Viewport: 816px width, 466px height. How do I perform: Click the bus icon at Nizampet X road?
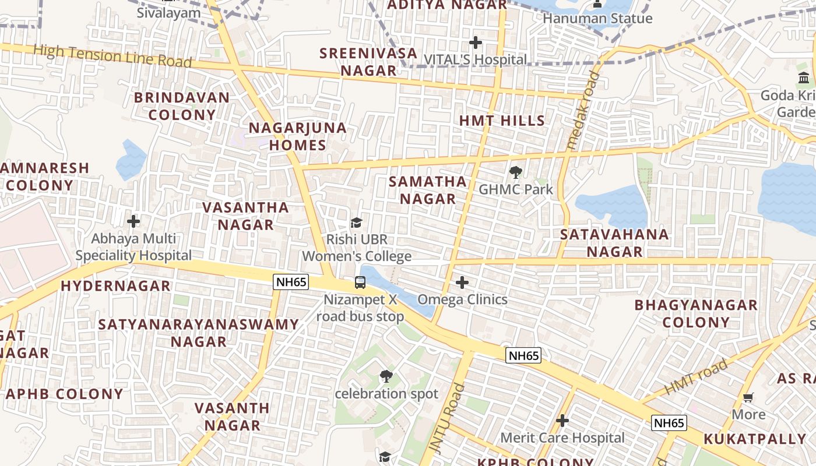tap(360, 283)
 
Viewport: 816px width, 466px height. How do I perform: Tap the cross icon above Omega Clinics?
tap(462, 283)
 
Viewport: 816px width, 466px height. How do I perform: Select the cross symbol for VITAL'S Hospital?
tap(476, 43)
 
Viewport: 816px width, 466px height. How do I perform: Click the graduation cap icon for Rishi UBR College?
tap(356, 223)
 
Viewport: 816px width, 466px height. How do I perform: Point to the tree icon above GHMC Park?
tap(515, 172)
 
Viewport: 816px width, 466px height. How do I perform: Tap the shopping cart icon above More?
tap(748, 398)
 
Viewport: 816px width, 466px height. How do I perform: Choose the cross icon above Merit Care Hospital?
tap(562, 420)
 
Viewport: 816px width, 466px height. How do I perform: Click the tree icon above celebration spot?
tap(386, 376)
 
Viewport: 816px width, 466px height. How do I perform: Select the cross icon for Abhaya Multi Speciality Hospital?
tap(133, 221)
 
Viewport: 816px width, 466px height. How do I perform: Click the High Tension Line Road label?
tap(112, 56)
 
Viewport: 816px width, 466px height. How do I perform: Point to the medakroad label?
tap(583, 111)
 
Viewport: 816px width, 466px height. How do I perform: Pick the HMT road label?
tap(697, 377)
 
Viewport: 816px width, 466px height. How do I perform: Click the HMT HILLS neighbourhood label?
tap(502, 121)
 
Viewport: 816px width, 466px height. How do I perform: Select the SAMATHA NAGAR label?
tap(428, 190)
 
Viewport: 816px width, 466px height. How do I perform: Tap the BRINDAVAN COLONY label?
tap(182, 106)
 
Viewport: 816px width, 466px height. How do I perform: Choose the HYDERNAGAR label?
tap(115, 286)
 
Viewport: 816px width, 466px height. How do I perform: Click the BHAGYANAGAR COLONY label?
tap(696, 313)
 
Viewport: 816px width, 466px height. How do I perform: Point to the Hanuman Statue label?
tap(597, 19)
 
